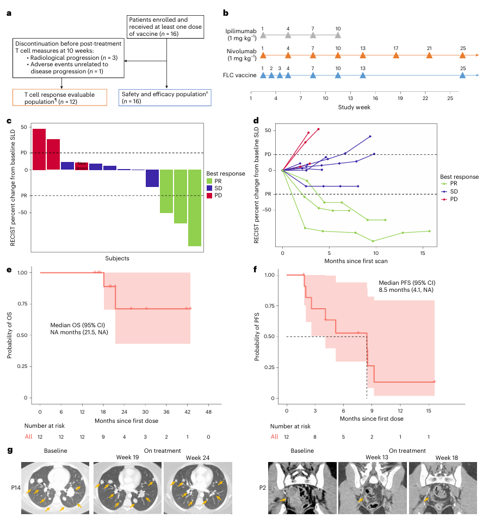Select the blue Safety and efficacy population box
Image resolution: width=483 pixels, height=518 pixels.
click(x=165, y=97)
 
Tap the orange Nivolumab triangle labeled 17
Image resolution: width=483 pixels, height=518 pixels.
click(x=396, y=55)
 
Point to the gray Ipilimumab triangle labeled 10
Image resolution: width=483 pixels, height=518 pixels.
click(x=338, y=35)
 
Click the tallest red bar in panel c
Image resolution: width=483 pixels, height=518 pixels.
click(x=39, y=149)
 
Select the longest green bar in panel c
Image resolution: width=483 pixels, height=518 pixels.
click(x=195, y=208)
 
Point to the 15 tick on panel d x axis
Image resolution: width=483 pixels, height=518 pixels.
click(x=423, y=254)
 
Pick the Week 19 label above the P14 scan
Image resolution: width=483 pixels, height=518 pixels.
click(x=127, y=457)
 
